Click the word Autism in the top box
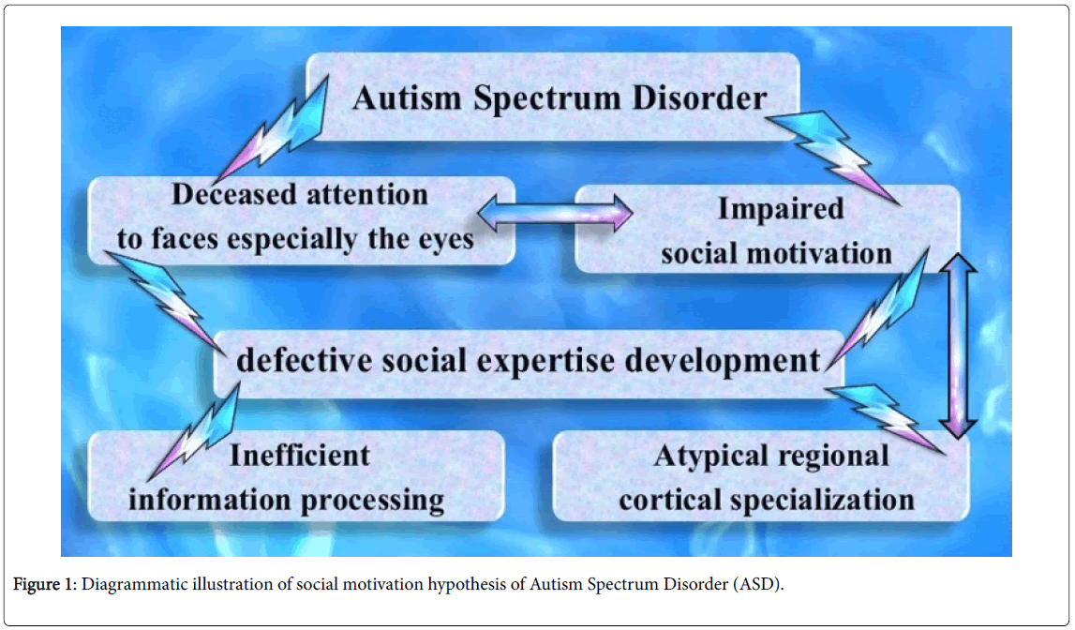[407, 98]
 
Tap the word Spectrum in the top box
[546, 99]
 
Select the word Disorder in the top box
[699, 98]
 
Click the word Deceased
[232, 195]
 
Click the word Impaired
[780, 209]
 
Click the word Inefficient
[300, 456]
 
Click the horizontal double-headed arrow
[555, 214]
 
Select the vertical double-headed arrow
[958, 346]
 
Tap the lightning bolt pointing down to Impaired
[831, 157]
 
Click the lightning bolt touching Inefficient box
[193, 432]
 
